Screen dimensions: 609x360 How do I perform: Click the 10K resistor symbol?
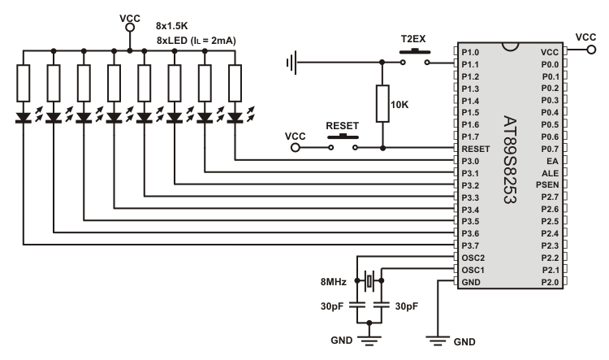[382, 104]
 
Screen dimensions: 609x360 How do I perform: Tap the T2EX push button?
[415, 56]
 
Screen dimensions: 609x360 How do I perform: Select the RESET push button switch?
[343, 142]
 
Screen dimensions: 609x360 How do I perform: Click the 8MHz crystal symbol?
[369, 280]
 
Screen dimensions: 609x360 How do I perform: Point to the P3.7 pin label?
[470, 245]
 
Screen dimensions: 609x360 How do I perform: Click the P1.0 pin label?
[470, 53]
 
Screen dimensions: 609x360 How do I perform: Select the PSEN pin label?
[547, 185]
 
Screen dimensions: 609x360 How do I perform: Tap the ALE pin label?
[551, 173]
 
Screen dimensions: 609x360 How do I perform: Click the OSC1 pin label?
[473, 270]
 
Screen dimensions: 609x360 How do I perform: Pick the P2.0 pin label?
[550, 282]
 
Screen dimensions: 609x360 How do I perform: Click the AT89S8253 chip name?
[510, 159]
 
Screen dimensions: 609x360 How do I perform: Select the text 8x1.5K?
[171, 26]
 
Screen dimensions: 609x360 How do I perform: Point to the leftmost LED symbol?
[24, 117]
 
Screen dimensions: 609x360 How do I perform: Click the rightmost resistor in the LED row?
[235, 83]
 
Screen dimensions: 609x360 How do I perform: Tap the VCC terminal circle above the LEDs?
[130, 27]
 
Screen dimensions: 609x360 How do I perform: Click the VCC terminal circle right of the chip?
[591, 50]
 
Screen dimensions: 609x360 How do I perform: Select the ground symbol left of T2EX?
[292, 63]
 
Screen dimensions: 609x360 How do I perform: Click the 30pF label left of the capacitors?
[332, 306]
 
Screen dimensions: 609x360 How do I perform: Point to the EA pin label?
[552, 161]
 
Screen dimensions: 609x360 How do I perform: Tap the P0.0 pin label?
[550, 64]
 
